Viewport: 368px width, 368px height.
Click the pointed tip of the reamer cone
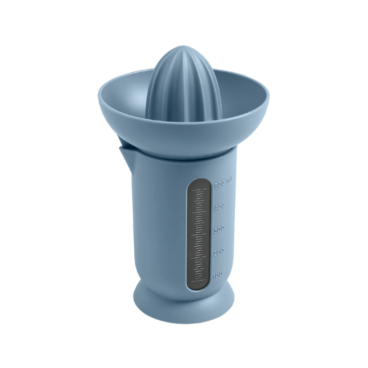click(183, 46)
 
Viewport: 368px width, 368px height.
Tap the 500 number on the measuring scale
click(219, 184)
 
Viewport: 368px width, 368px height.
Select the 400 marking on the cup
click(219, 207)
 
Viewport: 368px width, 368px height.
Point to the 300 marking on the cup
click(219, 229)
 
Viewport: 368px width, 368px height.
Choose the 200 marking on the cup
click(218, 252)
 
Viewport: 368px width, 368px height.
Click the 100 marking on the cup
click(218, 275)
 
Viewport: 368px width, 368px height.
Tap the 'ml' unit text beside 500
click(229, 181)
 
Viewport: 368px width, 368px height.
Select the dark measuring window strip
click(199, 234)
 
